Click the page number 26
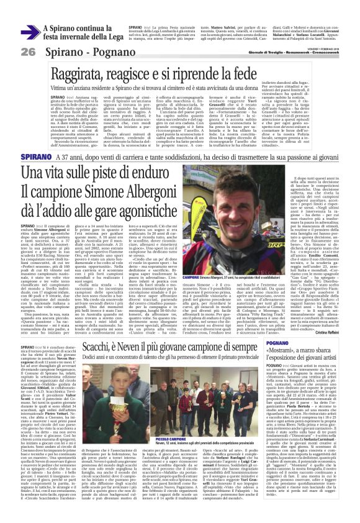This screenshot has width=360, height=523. [28, 52]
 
